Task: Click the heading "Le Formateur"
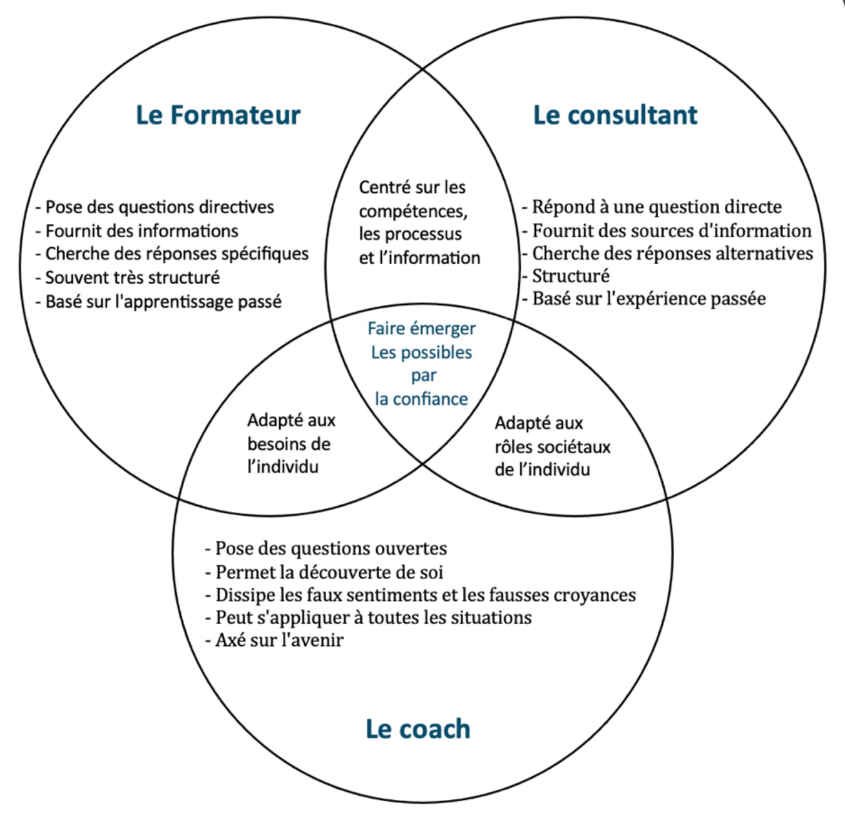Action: pos(218,115)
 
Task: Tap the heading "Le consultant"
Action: pos(615,115)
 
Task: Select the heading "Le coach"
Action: pos(417,729)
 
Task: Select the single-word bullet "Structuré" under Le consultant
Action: pos(570,275)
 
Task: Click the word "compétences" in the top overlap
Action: pos(413,211)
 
